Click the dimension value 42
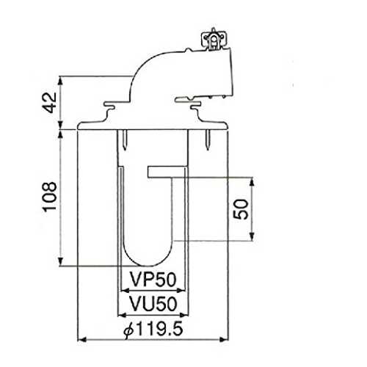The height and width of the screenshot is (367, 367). [50, 102]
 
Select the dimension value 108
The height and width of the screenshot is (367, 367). [50, 197]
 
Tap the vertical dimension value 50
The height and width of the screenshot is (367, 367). [241, 209]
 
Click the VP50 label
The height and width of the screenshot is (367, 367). [153, 280]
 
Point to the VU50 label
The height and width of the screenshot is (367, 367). [153, 304]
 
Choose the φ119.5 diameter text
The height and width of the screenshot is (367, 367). [153, 330]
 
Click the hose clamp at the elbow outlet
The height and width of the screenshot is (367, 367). [214, 39]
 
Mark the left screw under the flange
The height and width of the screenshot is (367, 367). [125, 139]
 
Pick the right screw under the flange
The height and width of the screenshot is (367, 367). [208, 139]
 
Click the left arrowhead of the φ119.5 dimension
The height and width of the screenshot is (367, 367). [81, 339]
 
